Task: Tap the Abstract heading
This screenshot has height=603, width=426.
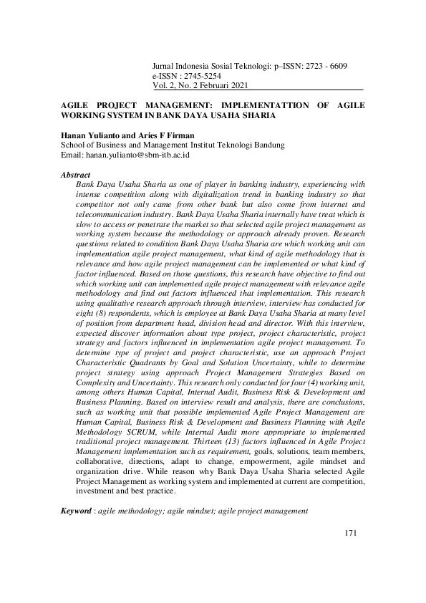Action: (x=75, y=175)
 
